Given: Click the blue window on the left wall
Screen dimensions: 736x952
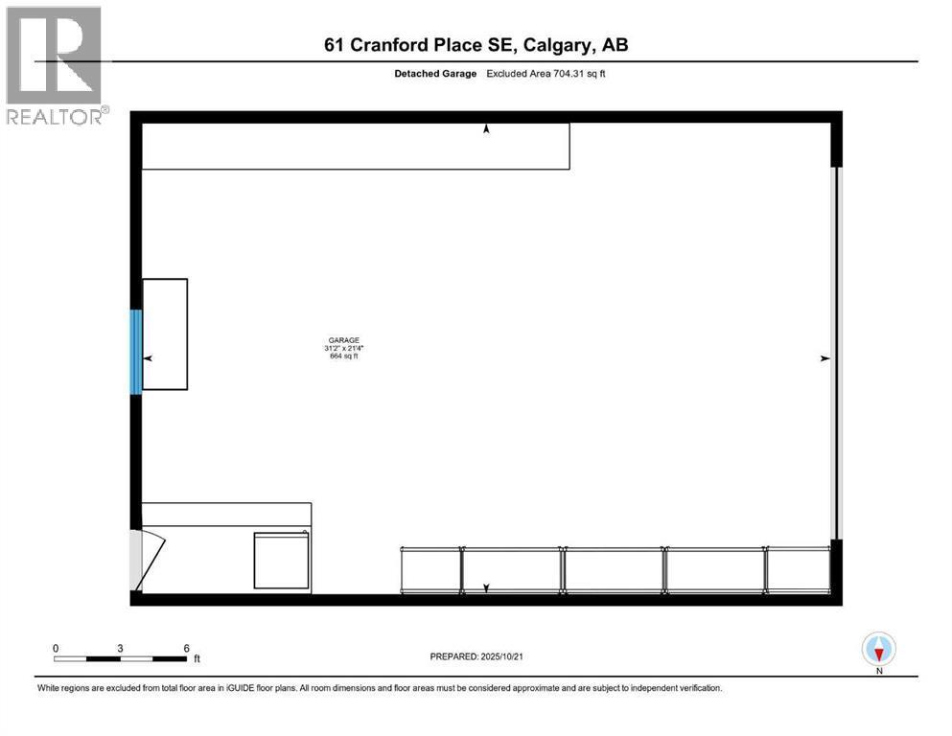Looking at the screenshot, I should coord(136,351).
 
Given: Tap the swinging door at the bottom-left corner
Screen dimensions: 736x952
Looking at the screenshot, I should coord(149,560).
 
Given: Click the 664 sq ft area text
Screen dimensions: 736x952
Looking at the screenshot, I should coord(342,357).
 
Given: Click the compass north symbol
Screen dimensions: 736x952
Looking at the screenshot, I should coord(879,650).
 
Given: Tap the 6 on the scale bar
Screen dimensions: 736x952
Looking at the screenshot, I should coord(186,648).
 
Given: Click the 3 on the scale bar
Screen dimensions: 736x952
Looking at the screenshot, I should coord(120,648).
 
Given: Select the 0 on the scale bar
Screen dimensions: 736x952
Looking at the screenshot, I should coord(56,648).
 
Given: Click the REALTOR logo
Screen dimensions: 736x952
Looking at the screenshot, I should coord(55,66).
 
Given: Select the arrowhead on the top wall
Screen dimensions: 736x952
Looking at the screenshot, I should coord(486,128).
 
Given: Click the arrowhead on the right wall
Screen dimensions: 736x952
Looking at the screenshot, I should coord(824,358).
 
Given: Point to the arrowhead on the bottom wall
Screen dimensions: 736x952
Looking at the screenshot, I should coord(486,587).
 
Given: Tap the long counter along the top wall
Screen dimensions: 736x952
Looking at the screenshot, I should coord(356,146).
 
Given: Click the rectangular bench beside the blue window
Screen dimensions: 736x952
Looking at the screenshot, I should coord(165,333).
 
